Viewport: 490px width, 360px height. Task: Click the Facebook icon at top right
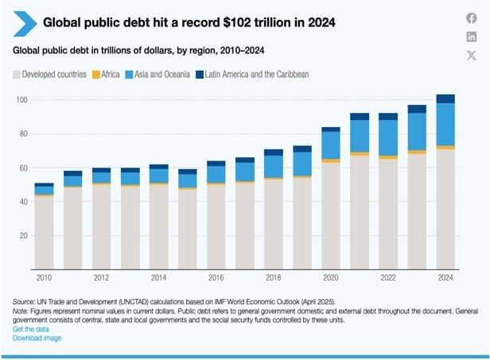[471, 18]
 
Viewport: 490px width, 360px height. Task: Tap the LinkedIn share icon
[471, 37]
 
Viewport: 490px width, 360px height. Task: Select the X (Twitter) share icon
[471, 55]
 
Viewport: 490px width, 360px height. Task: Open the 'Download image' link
[37, 338]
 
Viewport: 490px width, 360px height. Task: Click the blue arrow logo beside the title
[25, 23]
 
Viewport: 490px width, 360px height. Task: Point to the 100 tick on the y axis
[21, 99]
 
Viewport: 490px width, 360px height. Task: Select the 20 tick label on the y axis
[24, 235]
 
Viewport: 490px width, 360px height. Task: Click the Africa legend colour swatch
[96, 75]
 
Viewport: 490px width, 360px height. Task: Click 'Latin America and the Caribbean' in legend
[256, 75]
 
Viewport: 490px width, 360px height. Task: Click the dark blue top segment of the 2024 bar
[445, 99]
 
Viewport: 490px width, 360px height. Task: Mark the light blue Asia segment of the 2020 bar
[330, 145]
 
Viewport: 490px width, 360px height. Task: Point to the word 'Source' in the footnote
[24, 303]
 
